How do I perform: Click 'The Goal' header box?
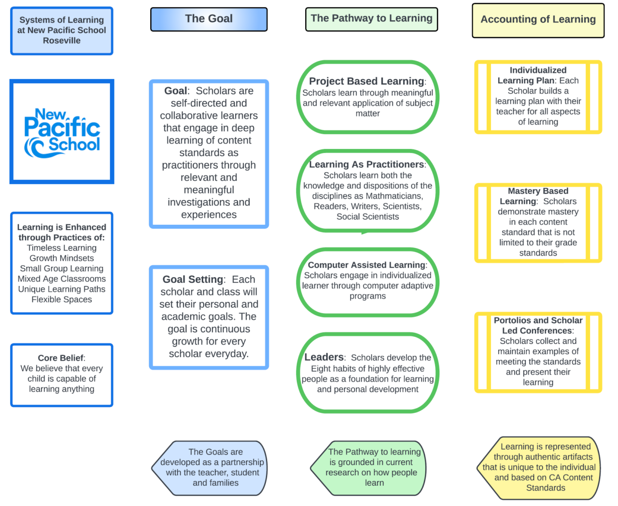(209, 19)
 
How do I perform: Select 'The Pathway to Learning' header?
(371, 19)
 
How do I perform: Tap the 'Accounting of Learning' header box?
(538, 20)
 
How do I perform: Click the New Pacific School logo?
(62, 132)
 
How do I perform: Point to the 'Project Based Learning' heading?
(366, 81)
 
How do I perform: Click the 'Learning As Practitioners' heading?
(366, 164)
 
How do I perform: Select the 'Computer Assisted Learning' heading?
(367, 265)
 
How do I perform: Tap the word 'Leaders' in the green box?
(324, 357)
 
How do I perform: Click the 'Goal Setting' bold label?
(193, 279)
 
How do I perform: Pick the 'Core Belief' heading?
(61, 358)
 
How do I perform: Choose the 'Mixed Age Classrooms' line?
(62, 279)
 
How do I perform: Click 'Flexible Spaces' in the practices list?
(62, 300)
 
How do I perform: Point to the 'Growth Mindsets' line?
(62, 258)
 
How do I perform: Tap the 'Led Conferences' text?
(537, 331)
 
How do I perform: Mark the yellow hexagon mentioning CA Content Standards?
(539, 467)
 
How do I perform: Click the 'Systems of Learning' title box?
(62, 30)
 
